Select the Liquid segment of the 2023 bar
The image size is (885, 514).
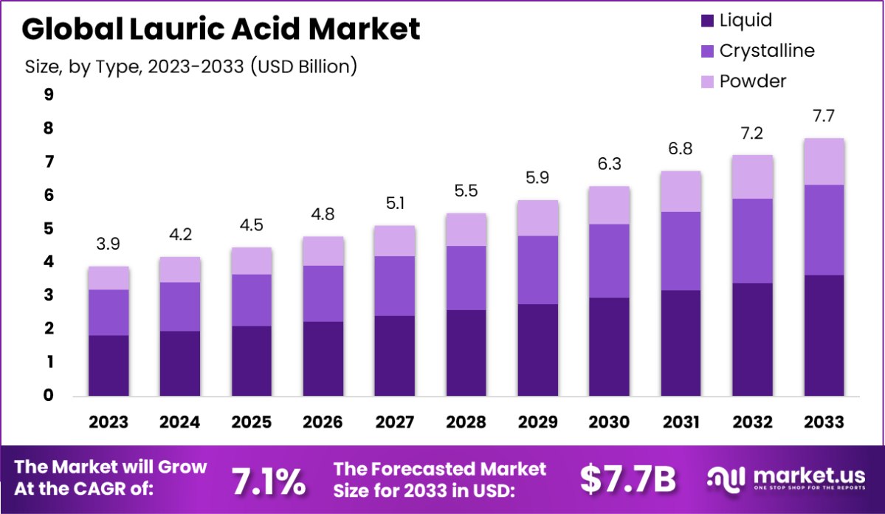click(x=109, y=366)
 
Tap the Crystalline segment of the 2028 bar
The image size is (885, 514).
click(x=466, y=278)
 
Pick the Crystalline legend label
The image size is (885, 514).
click(x=767, y=51)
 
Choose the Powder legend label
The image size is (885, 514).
click(x=753, y=81)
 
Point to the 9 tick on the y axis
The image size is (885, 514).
click(x=49, y=95)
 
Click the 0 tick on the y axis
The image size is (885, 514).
click(x=49, y=396)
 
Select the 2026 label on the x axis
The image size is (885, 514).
click(x=323, y=422)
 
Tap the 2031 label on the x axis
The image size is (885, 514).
click(x=680, y=422)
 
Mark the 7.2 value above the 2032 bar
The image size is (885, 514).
click(x=753, y=134)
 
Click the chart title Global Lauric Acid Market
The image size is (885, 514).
click(x=221, y=30)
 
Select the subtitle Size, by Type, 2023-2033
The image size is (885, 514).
click(x=191, y=66)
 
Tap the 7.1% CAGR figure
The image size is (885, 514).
click(x=269, y=482)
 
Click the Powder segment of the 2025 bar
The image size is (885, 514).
click(x=251, y=261)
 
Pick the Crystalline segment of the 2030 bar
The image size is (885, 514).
click(x=608, y=261)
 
